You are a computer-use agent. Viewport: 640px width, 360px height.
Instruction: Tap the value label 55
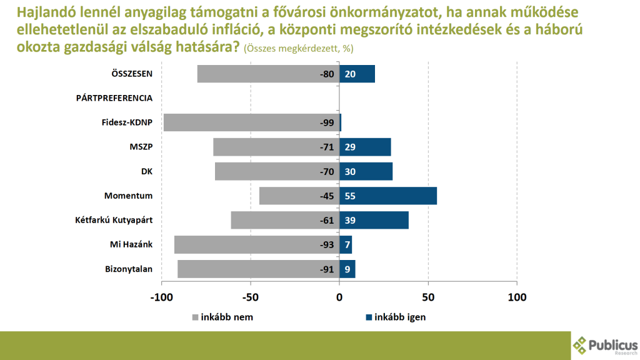350,196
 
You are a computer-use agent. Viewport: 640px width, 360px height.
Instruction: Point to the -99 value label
327,122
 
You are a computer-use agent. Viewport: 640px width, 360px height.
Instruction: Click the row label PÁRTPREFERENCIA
114,98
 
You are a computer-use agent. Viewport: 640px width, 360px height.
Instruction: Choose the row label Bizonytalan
129,269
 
